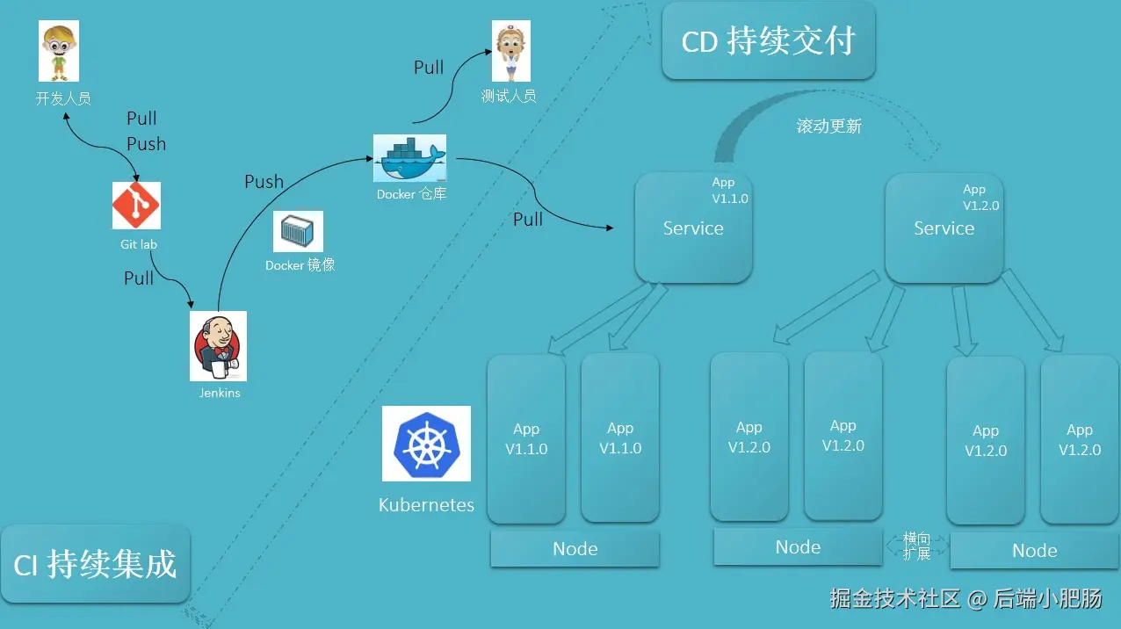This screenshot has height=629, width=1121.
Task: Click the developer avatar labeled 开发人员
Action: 59,51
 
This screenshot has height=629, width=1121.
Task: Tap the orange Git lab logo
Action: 136,206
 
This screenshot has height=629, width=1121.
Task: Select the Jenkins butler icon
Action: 218,346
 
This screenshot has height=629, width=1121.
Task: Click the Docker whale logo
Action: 409,159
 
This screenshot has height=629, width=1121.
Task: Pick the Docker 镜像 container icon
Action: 298,232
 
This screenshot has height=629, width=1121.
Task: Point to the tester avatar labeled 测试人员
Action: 510,52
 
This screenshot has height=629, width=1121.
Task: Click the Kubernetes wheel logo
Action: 426,444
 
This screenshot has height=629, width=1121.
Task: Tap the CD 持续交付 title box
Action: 768,41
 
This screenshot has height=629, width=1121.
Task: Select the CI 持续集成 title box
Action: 95,564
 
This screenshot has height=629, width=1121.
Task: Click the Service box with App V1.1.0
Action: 693,228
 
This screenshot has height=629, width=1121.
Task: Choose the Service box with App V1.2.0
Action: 944,228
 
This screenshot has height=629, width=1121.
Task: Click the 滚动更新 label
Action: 828,127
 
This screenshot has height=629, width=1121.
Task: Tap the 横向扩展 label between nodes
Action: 916,546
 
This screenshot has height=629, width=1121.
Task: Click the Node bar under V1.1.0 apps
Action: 575,549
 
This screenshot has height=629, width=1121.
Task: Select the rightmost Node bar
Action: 1034,551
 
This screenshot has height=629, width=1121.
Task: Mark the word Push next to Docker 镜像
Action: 264,182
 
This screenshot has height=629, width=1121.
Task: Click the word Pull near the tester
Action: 429,68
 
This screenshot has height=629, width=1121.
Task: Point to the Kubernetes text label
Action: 426,505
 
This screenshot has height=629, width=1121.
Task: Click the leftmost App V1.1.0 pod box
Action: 525,438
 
